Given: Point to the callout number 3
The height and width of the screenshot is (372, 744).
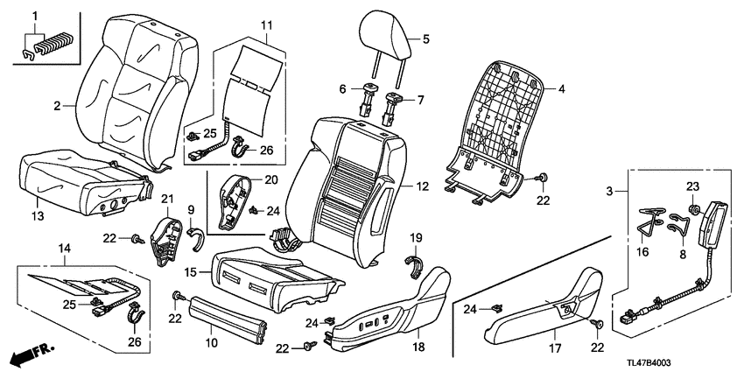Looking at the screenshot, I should [610, 189].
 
